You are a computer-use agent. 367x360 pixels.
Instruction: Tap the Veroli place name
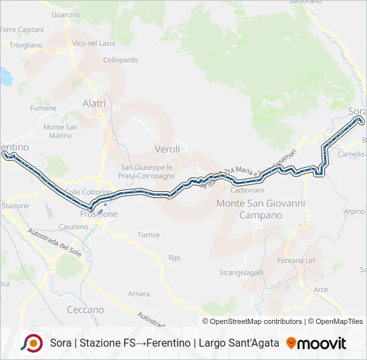click(167, 149)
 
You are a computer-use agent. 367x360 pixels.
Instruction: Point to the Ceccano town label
click(85, 309)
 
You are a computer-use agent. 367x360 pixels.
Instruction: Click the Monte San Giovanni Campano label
click(262, 209)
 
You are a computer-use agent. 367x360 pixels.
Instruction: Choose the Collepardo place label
click(121, 59)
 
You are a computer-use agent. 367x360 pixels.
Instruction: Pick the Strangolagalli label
click(242, 273)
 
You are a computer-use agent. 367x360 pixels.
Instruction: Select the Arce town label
click(320, 289)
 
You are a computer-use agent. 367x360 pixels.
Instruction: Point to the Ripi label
click(174, 257)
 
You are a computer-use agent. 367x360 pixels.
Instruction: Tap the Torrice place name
click(148, 235)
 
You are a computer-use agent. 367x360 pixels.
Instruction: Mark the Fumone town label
click(43, 108)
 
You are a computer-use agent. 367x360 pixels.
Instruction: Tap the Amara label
click(139, 293)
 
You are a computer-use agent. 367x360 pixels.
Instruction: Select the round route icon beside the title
click(31, 343)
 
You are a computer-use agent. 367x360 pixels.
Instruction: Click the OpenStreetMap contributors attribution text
click(252, 321)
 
